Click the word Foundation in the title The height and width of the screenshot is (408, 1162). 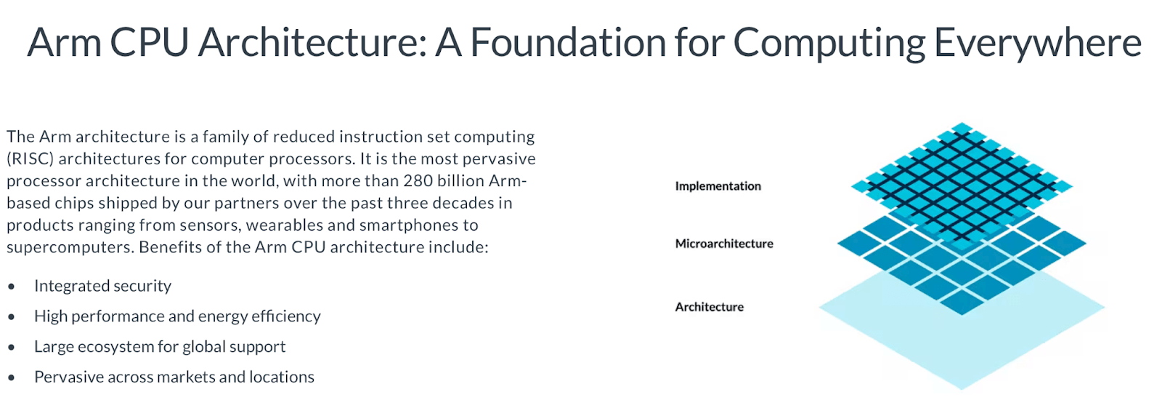click(x=569, y=42)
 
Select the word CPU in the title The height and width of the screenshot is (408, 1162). click(x=149, y=42)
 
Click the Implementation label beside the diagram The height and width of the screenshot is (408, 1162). click(x=718, y=186)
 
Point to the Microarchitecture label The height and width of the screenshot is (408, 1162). click(x=724, y=244)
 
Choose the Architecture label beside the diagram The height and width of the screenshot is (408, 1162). click(x=709, y=307)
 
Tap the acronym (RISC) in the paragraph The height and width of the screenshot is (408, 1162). click(x=31, y=159)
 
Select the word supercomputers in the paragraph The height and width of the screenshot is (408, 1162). click(x=69, y=247)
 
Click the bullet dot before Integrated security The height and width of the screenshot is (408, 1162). click(x=12, y=287)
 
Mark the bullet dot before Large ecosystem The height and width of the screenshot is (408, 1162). click(x=12, y=348)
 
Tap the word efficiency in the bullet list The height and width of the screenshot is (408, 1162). click(x=285, y=316)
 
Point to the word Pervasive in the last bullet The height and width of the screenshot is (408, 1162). click(x=68, y=377)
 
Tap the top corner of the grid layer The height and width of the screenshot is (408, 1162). click(x=962, y=125)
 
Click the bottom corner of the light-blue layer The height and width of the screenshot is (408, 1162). click(x=962, y=389)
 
